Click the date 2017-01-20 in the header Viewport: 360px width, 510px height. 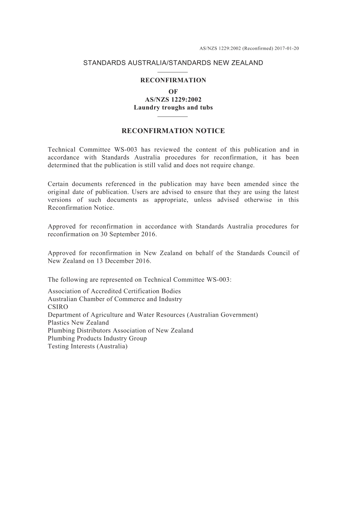tap(287, 49)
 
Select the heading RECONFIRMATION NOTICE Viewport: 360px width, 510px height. tap(173, 131)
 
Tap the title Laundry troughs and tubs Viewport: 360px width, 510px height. tap(173, 108)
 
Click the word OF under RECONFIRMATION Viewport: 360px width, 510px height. tap(173, 92)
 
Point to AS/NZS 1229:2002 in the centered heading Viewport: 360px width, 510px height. tap(173, 100)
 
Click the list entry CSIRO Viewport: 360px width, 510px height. tap(58, 307)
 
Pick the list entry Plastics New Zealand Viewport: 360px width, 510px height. tap(78, 323)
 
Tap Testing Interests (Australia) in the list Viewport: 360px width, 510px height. tap(88, 347)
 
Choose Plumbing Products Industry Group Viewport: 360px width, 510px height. tap(97, 339)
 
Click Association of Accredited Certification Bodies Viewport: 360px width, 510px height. tap(114, 291)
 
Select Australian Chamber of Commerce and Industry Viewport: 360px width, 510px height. tap(115, 299)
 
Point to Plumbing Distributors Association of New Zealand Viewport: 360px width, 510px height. tap(121, 331)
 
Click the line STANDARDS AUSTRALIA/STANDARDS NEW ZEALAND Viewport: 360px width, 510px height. tap(173, 63)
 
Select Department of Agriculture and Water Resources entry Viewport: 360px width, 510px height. tap(153, 315)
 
